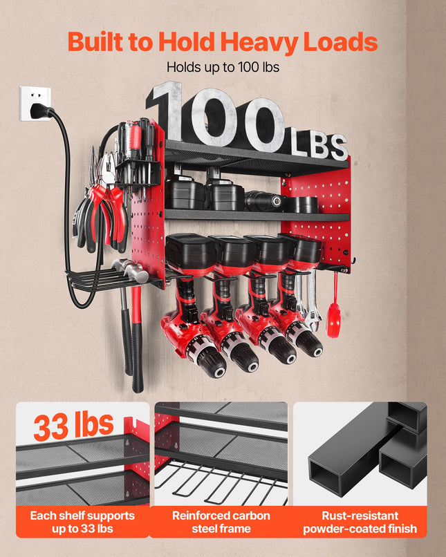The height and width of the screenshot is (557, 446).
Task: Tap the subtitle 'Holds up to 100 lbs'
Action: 223,68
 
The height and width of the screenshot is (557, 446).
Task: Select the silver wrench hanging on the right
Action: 313,304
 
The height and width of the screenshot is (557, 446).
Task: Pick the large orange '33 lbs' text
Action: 75,427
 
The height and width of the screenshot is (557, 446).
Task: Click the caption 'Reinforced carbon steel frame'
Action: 221,522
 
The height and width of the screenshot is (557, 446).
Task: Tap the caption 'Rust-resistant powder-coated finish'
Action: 360,522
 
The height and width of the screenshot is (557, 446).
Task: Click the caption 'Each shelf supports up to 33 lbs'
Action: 82,522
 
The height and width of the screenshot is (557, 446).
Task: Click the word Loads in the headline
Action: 341,43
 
